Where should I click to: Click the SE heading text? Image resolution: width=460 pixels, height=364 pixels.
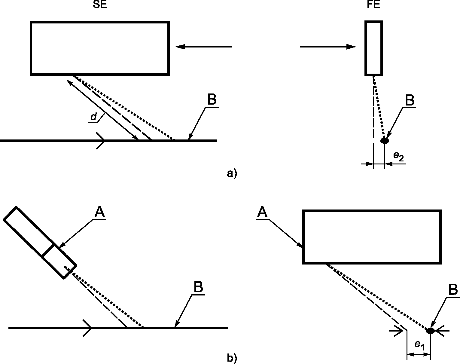pyautogui.click(x=100, y=5)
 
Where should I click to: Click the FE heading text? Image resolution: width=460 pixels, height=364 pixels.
pyautogui.click(x=373, y=5)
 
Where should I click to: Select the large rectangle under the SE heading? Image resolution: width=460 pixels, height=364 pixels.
pyautogui.click(x=100, y=48)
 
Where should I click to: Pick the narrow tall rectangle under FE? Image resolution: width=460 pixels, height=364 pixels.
pyautogui.click(x=374, y=48)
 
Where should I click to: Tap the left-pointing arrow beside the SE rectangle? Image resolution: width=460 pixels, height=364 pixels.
pyautogui.click(x=203, y=47)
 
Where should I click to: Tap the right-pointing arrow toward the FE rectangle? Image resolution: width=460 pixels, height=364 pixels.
pyautogui.click(x=328, y=47)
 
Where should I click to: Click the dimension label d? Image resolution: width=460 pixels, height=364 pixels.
pyautogui.click(x=94, y=117)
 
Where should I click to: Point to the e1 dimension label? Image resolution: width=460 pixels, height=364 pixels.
pyautogui.click(x=419, y=345)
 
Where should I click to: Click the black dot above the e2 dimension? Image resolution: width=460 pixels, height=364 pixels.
pyautogui.click(x=385, y=140)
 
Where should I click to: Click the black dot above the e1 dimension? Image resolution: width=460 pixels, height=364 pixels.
pyautogui.click(x=430, y=331)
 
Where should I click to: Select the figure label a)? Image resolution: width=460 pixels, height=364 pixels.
pyautogui.click(x=232, y=173)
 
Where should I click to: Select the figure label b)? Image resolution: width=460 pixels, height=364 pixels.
pyautogui.click(x=232, y=358)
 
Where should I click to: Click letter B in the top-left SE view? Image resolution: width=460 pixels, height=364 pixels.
pyautogui.click(x=212, y=100)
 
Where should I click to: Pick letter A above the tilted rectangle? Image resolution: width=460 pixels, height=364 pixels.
pyautogui.click(x=100, y=213)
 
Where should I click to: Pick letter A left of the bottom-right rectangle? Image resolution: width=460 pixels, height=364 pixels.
pyautogui.click(x=262, y=213)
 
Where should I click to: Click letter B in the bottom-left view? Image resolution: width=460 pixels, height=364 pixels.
pyautogui.click(x=198, y=288)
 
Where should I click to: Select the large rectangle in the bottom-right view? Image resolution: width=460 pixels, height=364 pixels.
pyautogui.click(x=372, y=237)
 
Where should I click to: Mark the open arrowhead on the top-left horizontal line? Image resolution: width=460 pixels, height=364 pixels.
pyautogui.click(x=101, y=140)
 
